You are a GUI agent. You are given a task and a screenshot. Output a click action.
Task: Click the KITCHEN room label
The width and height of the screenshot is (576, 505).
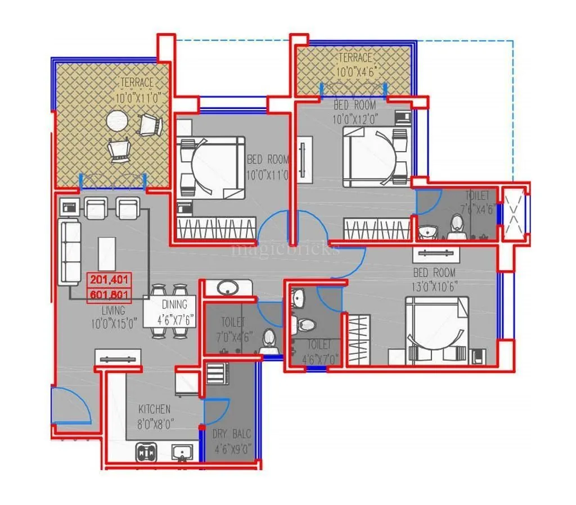click(x=154, y=410)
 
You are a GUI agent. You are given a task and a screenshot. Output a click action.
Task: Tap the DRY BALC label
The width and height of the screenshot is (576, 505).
click(x=231, y=434)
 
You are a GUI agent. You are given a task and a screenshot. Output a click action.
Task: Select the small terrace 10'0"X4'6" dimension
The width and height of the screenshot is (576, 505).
click(x=354, y=72)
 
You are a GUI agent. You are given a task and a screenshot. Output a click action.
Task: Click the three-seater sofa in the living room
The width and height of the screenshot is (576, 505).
click(x=70, y=252)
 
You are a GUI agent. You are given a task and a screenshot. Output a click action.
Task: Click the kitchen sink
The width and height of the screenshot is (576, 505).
click(x=182, y=452)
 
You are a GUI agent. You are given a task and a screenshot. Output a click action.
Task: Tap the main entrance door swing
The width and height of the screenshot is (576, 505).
click(x=71, y=406)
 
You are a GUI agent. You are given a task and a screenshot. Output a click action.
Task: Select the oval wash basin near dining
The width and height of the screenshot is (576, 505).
click(x=228, y=287)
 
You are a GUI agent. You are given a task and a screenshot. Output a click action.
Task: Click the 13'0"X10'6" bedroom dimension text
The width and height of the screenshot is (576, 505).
click(x=434, y=286)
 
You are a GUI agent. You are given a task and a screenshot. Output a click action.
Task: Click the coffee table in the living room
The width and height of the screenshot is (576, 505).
click(x=107, y=253)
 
